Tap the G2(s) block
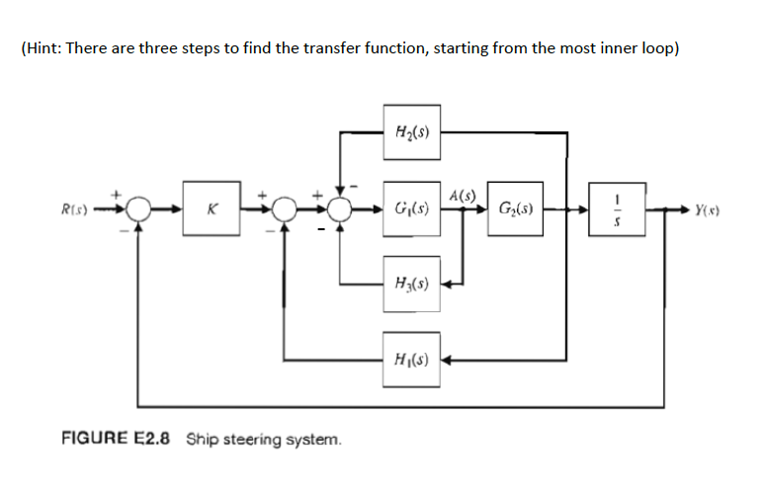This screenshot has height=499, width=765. pyautogui.click(x=514, y=208)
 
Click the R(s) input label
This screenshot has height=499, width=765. pyautogui.click(x=73, y=208)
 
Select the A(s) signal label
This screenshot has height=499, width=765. pyautogui.click(x=462, y=194)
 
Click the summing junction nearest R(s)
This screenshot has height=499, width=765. pyautogui.click(x=138, y=208)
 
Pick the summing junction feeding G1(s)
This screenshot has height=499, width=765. pyautogui.click(x=341, y=208)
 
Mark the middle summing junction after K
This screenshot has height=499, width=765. pyautogui.click(x=285, y=208)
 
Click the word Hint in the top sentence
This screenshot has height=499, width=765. pyautogui.click(x=42, y=49)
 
